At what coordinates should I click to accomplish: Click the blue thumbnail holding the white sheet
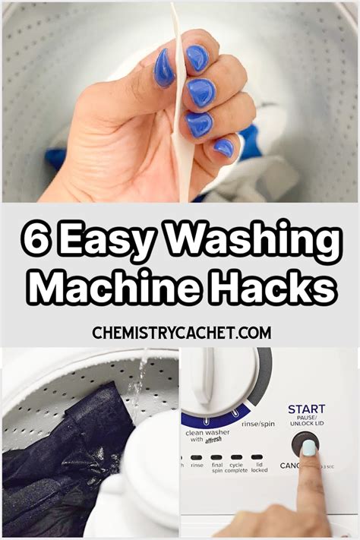point(164,68)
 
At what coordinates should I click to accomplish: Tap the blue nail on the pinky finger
point(223,147)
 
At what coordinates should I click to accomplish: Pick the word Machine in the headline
point(110,289)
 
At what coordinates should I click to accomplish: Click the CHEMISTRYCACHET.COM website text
point(180,333)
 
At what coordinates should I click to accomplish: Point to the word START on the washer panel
point(306,409)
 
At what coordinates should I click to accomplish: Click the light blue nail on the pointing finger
point(310,449)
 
